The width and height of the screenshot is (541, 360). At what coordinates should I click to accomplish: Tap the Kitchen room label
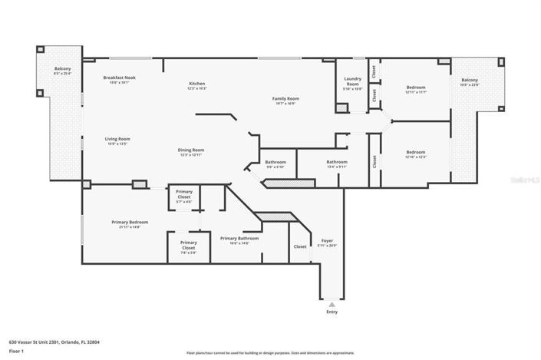(197, 84)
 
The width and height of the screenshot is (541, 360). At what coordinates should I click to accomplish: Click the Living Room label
(117, 140)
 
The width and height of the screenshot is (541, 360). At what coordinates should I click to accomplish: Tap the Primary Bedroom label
(128, 222)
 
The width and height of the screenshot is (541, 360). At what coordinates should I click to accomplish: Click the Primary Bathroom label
(239, 239)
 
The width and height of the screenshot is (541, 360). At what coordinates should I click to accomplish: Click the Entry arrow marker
(332, 304)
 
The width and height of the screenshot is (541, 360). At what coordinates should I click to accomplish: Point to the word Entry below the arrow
(332, 312)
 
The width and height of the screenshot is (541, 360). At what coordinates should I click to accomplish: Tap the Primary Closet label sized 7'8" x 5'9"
(188, 246)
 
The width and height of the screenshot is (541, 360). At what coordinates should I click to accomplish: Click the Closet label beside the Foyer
(300, 246)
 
